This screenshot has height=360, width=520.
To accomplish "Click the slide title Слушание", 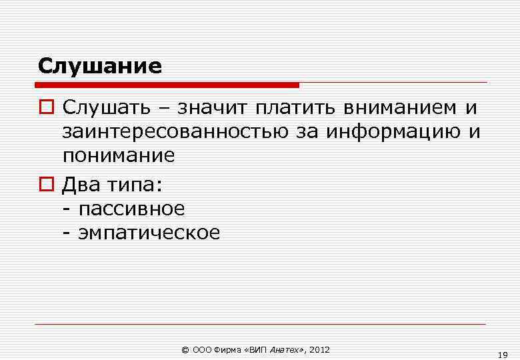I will (100, 66).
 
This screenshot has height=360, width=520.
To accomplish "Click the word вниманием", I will (401, 107).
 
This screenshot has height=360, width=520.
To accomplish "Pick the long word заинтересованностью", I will (175, 131).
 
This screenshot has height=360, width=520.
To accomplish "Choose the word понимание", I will (119, 156).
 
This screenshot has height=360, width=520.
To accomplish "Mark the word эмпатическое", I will (149, 233).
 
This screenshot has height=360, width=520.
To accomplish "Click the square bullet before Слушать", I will (44, 107).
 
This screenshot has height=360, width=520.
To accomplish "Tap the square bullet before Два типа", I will (44, 183).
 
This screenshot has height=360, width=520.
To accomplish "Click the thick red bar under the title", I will (167, 85).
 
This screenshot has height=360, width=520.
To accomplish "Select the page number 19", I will (503, 355).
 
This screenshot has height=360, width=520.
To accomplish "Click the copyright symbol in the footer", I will (185, 350).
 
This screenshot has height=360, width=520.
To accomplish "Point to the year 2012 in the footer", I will (320, 350).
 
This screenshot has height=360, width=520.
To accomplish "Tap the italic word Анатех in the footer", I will (284, 350).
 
